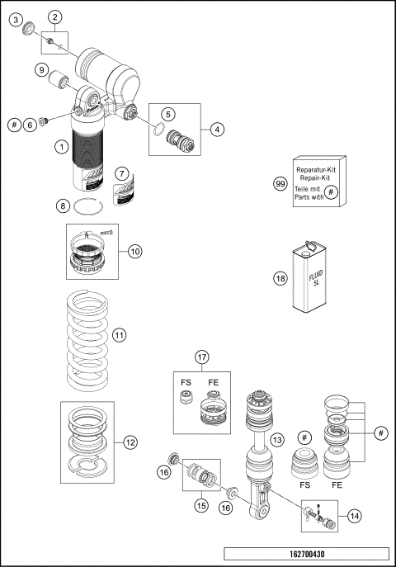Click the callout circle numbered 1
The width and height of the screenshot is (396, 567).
click(x=61, y=147)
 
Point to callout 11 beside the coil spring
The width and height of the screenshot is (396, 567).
click(x=119, y=335)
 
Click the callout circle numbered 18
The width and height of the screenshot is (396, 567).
click(x=280, y=279)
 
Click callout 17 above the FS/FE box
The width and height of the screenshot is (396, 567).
click(x=201, y=357)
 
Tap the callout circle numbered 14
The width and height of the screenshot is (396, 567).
click(x=354, y=516)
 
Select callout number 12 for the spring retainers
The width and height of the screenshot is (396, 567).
click(x=130, y=442)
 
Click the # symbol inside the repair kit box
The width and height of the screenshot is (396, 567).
click(x=330, y=192)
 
